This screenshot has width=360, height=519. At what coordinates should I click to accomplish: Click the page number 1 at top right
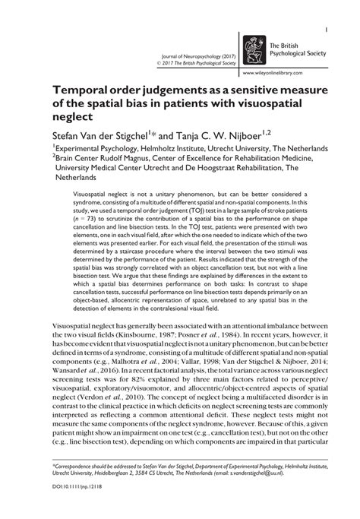point(325,30)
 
